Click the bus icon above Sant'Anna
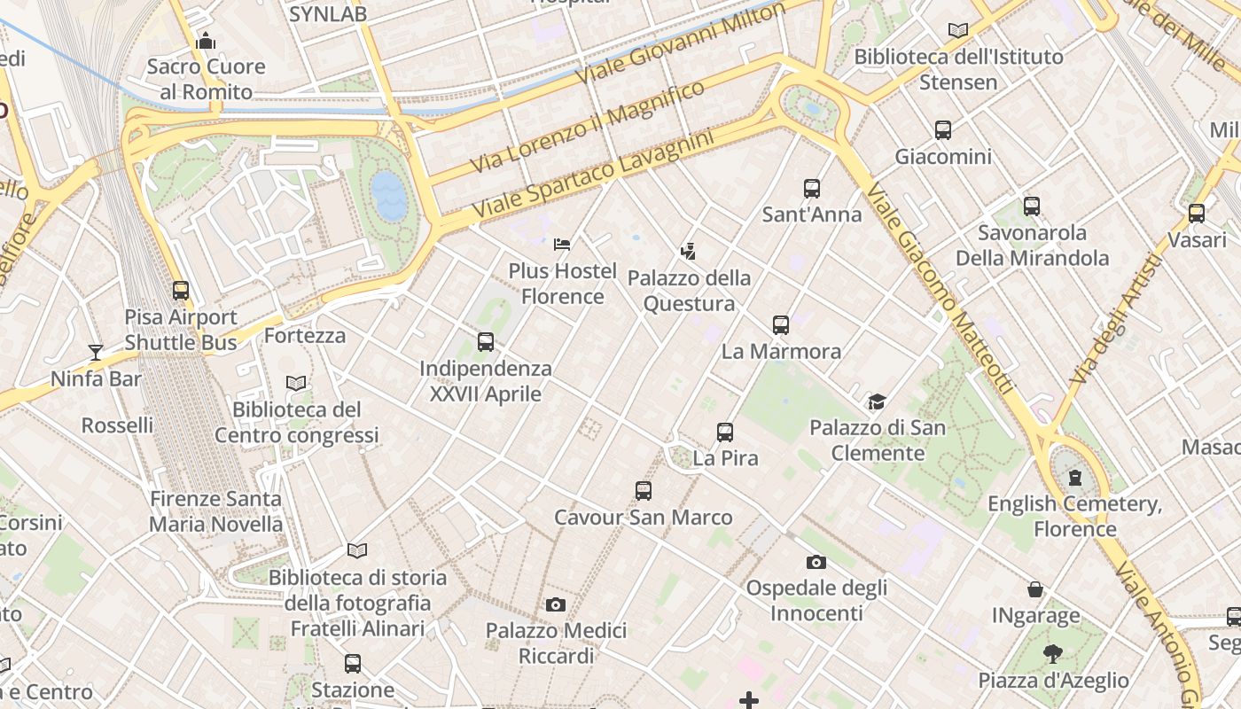(x=812, y=188)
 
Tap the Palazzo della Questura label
(x=689, y=291)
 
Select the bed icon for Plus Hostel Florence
(x=562, y=244)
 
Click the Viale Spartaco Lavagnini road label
(x=593, y=175)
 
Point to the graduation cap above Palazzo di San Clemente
(x=877, y=401)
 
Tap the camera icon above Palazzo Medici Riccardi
(x=556, y=604)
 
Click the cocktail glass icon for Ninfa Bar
(x=96, y=353)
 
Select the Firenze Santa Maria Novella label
(x=215, y=511)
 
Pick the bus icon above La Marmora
(x=781, y=324)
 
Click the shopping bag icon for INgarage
(x=1034, y=589)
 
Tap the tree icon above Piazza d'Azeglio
(x=1053, y=655)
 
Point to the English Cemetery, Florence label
(x=1074, y=517)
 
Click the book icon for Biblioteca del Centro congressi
(x=296, y=383)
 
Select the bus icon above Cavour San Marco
(x=644, y=490)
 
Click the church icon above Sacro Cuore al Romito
(x=206, y=41)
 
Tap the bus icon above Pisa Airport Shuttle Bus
(x=181, y=290)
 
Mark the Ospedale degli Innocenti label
(x=816, y=600)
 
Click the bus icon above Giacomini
(x=943, y=130)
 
